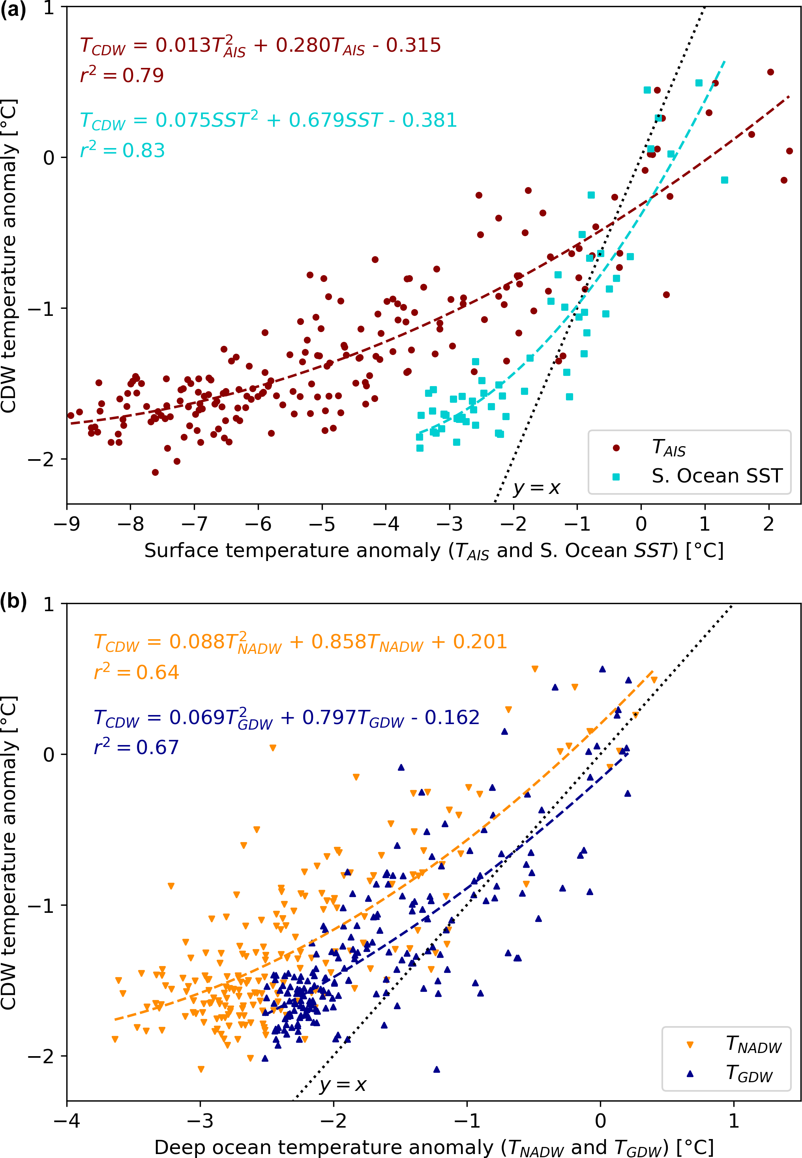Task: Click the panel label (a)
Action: point(13,10)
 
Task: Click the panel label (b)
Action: point(13,602)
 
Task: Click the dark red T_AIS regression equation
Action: point(260,46)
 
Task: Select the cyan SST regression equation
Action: point(268,121)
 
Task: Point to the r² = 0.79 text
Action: point(122,75)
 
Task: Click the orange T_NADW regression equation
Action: point(300,643)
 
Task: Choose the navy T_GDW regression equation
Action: point(287,718)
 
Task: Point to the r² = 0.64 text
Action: point(136,672)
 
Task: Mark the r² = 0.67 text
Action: point(136,747)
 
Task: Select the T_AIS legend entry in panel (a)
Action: point(668,447)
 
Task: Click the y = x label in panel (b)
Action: point(343,1085)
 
